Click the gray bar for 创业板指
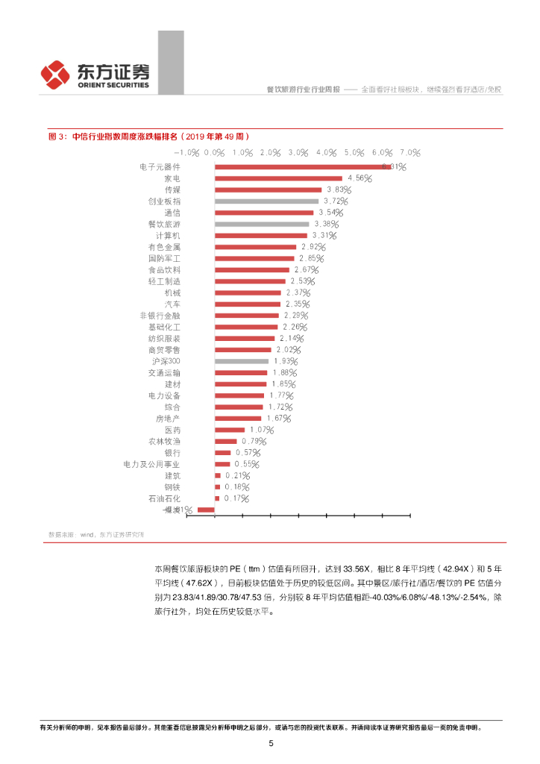click(x=266, y=201)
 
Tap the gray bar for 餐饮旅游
click(x=262, y=224)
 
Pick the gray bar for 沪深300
click(x=242, y=361)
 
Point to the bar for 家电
click(x=278, y=178)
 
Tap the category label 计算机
click(x=167, y=236)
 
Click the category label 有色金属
click(x=164, y=247)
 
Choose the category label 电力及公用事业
click(x=151, y=464)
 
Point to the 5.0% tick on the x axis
click(x=354, y=152)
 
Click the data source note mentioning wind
click(x=96, y=534)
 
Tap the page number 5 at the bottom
click(x=271, y=743)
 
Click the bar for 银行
click(x=222, y=453)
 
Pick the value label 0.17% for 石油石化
click(x=235, y=498)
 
